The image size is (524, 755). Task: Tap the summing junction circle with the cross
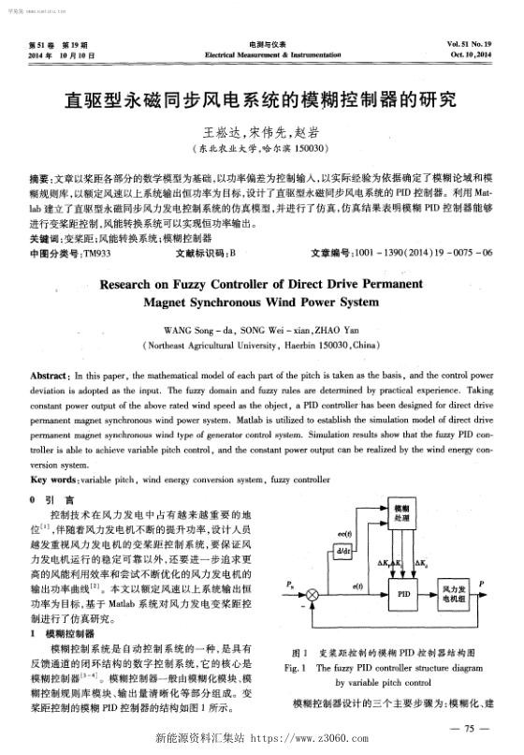[313, 594]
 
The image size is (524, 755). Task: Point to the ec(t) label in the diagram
[343, 532]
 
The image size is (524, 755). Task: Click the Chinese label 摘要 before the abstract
[40, 176]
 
